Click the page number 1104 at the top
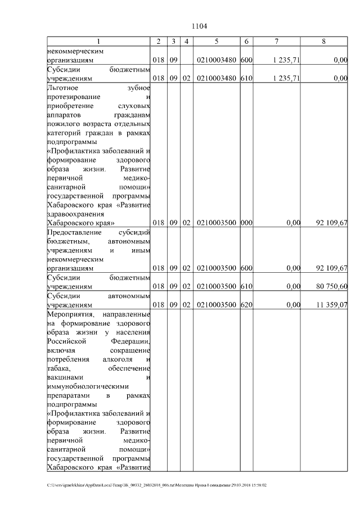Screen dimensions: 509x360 coord(200,26)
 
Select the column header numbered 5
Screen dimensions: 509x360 coord(216,41)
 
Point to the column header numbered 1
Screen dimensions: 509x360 coord(98,41)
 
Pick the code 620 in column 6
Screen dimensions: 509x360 coord(246,305)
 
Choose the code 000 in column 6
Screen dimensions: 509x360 coord(246,223)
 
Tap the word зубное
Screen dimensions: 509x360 coord(139,87)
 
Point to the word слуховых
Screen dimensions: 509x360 coord(135,105)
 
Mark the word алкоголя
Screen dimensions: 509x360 coord(118,359)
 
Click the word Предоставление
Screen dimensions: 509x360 coord(76,232)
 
